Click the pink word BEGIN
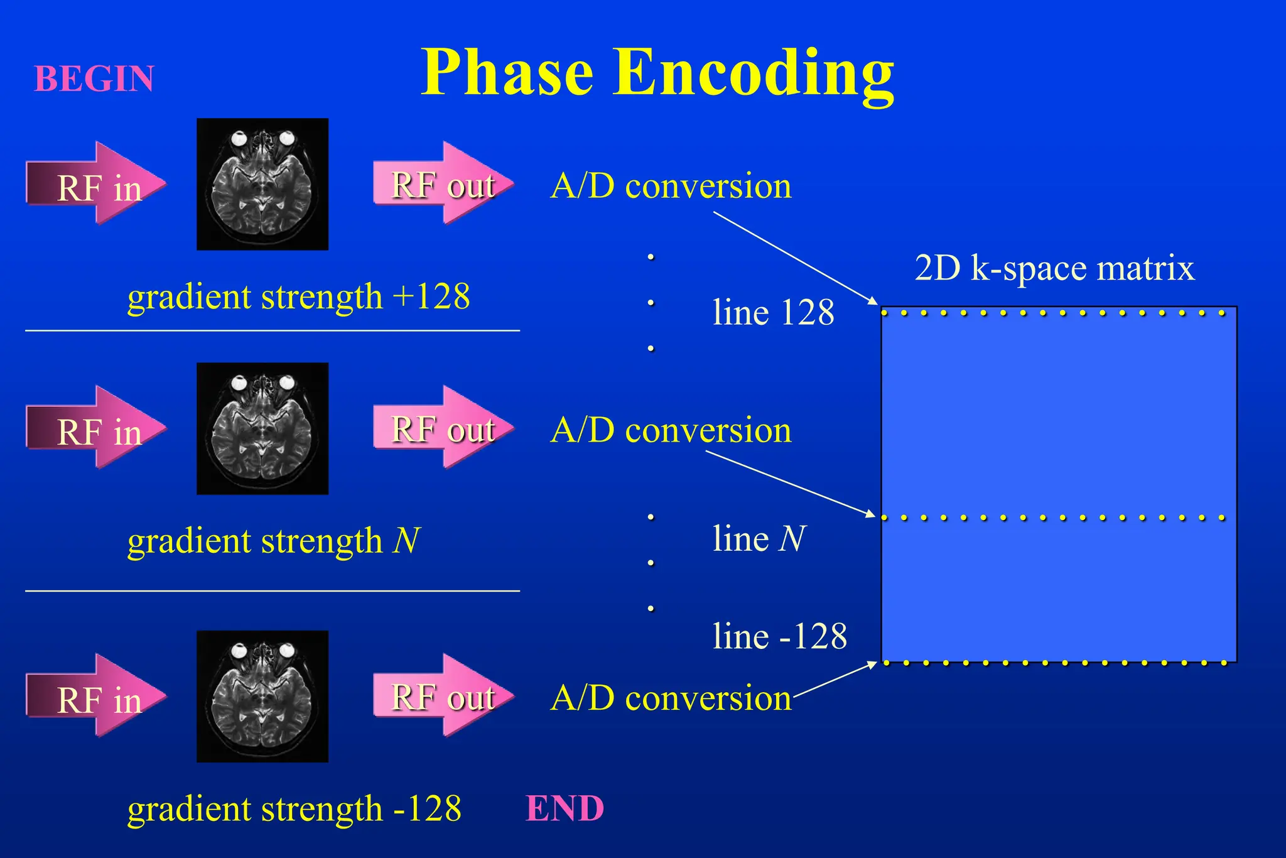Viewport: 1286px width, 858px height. [94, 79]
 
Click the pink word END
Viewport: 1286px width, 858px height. [565, 808]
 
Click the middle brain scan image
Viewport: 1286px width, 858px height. [262, 428]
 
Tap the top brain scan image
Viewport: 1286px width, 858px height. [262, 184]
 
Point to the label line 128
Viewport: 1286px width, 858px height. [773, 312]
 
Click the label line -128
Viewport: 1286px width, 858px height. [779, 636]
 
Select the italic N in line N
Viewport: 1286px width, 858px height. [792, 539]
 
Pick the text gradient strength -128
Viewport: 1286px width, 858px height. [294, 808]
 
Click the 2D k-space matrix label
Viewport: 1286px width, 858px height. [1054, 268]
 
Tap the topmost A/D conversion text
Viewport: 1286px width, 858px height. [671, 186]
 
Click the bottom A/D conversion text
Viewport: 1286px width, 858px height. [671, 698]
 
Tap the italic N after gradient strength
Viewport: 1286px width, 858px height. [406, 540]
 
